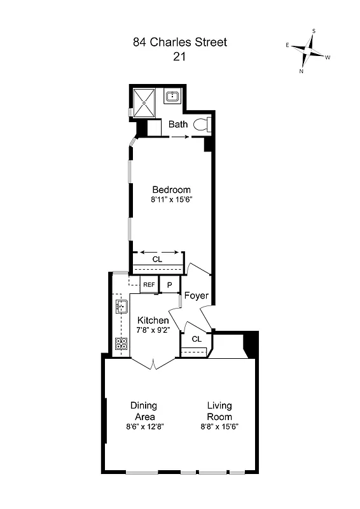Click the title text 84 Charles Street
click(x=179, y=43)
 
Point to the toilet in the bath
click(x=200, y=124)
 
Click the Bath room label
click(x=178, y=125)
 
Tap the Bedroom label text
click(x=171, y=190)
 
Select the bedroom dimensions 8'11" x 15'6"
click(x=171, y=200)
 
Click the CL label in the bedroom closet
click(x=157, y=260)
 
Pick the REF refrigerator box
click(x=149, y=284)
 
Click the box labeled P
click(x=170, y=285)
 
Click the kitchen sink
click(x=121, y=307)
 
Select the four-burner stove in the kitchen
click(x=121, y=344)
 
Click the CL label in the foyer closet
click(x=197, y=339)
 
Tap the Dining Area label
click(x=143, y=410)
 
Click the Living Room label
click(x=219, y=410)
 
